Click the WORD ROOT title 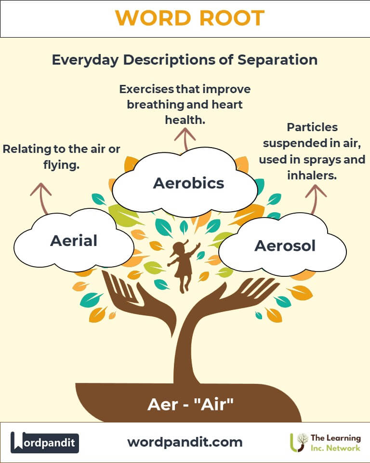pos(190,18)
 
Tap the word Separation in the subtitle pos(277,60)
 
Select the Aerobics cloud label pos(188,183)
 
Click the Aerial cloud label pos(74,241)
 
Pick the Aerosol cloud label pos(285,245)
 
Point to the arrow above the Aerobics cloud pos(185,139)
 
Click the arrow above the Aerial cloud pos(41,197)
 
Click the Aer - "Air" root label pos(190,404)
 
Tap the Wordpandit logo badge pos(44,442)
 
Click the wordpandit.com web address pos(185,442)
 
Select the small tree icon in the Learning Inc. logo pos(298,442)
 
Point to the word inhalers pos(312,176)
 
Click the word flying pos(61,165)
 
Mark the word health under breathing pos(185,120)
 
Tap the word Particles pos(312,127)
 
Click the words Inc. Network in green pos(335,448)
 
